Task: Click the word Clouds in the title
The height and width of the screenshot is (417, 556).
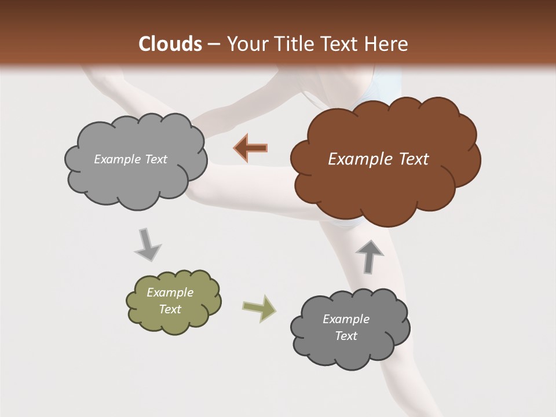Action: tap(170, 44)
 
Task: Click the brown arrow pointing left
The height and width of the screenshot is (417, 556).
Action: tap(251, 148)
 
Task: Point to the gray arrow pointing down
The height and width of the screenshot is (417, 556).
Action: tap(147, 244)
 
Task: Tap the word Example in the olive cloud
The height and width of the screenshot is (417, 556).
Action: tap(170, 292)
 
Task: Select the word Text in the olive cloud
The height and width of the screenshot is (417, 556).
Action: tap(170, 309)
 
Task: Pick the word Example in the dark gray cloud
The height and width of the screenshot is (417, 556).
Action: tap(346, 319)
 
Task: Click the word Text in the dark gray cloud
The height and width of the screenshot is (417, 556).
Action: tap(346, 336)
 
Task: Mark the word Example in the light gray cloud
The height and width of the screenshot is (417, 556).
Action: tap(116, 159)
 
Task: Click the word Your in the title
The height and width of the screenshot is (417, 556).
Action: tap(246, 44)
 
